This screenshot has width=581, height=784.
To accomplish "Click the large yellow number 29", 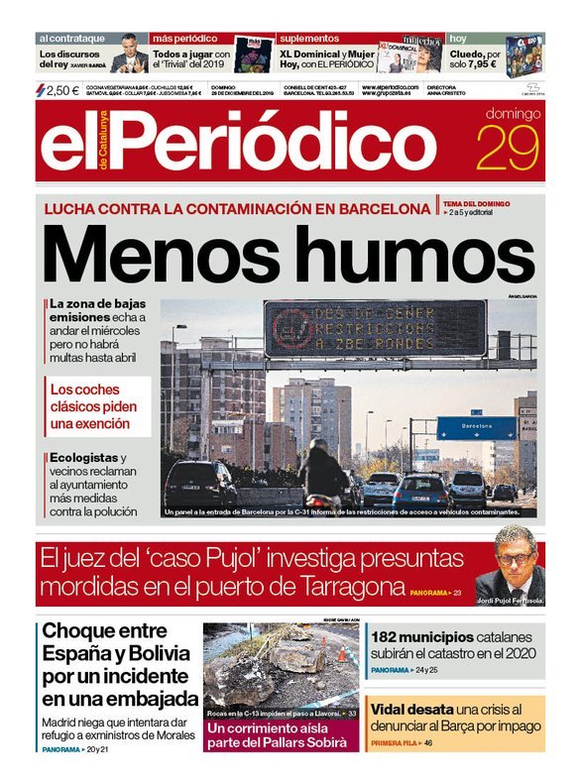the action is point(510,150).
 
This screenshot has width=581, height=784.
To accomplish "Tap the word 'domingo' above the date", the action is point(513,113).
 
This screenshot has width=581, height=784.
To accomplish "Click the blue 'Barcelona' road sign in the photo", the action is point(476,427).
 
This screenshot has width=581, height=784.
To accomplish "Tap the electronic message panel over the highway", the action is point(375,328).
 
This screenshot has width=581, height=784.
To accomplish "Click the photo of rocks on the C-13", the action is point(282,663).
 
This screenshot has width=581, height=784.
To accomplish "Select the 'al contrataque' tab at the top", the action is point(71,38).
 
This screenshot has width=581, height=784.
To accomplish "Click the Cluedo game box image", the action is point(524,55).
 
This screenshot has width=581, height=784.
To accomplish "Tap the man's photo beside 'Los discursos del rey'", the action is point(129,55).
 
